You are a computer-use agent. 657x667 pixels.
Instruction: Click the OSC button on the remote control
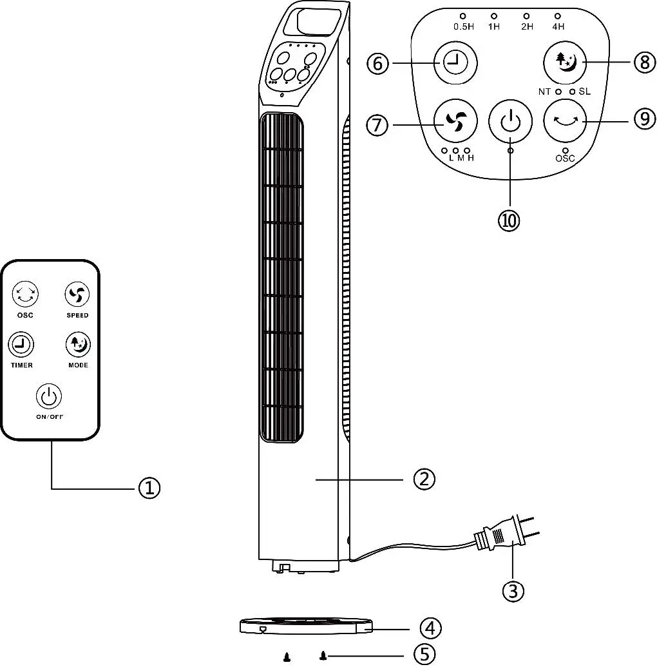(x=25, y=294)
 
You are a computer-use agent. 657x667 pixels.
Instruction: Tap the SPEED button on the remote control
(x=77, y=295)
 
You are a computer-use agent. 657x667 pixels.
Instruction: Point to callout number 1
(x=149, y=488)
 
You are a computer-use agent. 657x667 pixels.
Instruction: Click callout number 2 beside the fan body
(x=424, y=479)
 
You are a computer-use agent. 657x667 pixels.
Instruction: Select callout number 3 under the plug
(x=512, y=590)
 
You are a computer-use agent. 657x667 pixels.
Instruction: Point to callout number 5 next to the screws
(x=424, y=655)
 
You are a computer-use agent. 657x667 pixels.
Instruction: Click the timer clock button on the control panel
(x=455, y=63)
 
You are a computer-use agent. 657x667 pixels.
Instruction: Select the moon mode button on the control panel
(x=566, y=63)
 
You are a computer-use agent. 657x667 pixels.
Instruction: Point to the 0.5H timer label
(x=463, y=26)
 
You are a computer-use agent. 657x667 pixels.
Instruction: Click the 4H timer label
(x=558, y=26)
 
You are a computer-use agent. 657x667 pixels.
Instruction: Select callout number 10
(x=509, y=220)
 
